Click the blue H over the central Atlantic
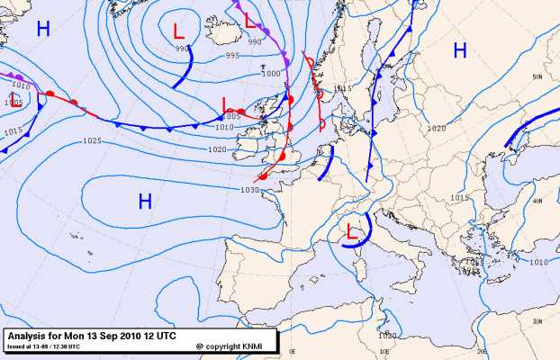pyautogui.click(x=145, y=202)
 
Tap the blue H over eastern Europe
pyautogui.click(x=460, y=50)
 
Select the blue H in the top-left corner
pyautogui.click(x=43, y=29)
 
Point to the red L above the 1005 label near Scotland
pyautogui.click(x=227, y=105)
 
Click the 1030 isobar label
pyautogui.click(x=250, y=190)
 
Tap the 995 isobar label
pyautogui.click(x=232, y=56)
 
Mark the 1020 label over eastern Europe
pyautogui.click(x=436, y=129)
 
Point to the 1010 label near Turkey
pyautogui.click(x=538, y=262)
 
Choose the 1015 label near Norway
pyautogui.click(x=340, y=88)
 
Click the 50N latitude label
pyautogui.click(x=537, y=77)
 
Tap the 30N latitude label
pyautogui.click(x=537, y=321)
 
